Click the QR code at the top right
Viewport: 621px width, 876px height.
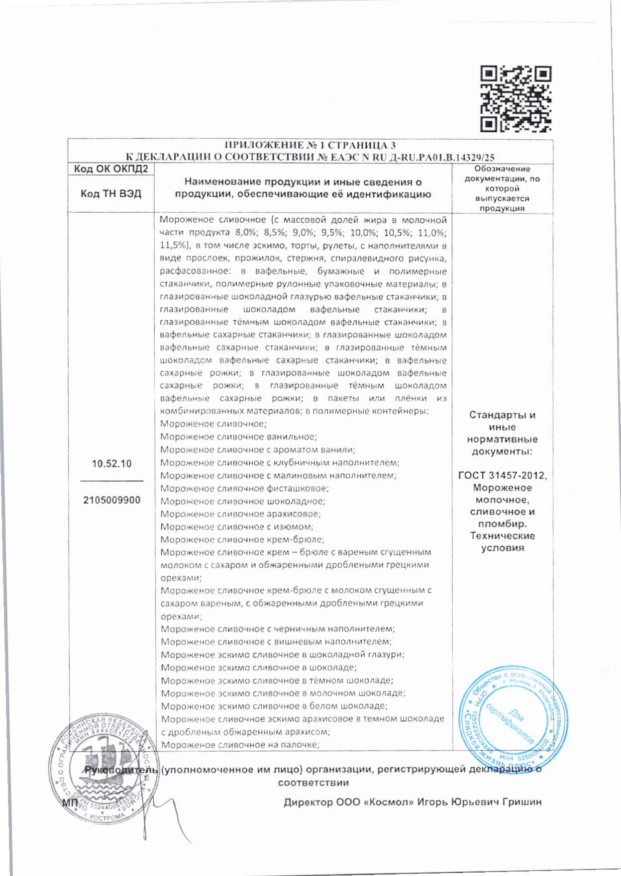pos(516,99)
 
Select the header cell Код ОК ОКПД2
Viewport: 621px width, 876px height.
pos(111,169)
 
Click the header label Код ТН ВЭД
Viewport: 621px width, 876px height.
pos(111,194)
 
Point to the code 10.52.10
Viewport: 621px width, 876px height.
pos(111,464)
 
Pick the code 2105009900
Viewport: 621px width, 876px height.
pos(111,500)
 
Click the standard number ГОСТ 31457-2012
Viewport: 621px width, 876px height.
pos(502,476)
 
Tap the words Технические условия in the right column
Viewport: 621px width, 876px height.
pos(502,542)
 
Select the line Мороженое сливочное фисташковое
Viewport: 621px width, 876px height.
pos(244,489)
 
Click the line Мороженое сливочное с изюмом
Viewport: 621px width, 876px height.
pos(237,527)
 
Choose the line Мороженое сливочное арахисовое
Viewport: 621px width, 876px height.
pos(240,514)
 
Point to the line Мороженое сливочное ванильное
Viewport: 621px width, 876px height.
pos(239,437)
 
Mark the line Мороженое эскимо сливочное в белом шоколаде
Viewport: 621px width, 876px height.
pos(274,706)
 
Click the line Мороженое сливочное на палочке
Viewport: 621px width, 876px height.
pos(239,745)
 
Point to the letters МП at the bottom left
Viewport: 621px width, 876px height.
pos(69,803)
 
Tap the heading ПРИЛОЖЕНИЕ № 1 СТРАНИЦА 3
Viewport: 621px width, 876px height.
pos(310,145)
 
